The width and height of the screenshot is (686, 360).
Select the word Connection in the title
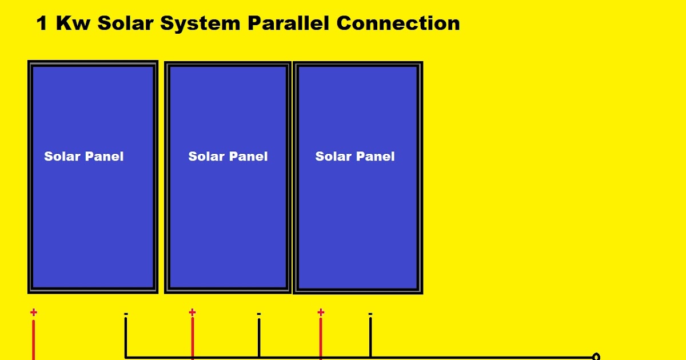398,23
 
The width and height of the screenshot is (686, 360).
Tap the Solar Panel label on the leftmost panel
83,157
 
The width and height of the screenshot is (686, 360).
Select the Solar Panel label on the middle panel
228,157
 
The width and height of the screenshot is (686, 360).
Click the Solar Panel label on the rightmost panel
355,157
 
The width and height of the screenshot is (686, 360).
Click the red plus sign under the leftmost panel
34,312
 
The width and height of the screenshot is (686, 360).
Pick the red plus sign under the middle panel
192,312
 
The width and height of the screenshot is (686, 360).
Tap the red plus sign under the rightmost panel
321,312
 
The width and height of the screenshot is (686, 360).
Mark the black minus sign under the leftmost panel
126,314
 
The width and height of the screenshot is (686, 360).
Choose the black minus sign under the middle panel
259,314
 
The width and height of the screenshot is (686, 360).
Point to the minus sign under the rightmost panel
370,314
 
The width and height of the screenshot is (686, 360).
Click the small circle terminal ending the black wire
596,357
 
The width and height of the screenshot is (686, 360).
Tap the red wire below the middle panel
193,340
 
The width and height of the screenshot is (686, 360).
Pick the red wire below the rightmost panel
321,340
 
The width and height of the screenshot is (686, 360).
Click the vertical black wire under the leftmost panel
126,337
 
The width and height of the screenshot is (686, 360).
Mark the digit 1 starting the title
41,23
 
